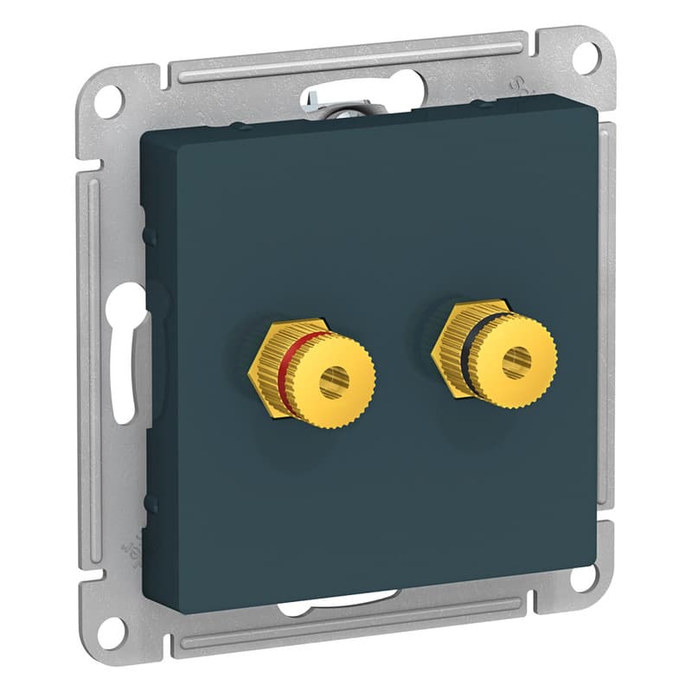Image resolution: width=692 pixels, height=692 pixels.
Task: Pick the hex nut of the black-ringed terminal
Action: [x=444, y=347]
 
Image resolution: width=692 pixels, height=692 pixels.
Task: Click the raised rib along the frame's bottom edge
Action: [x=346, y=626]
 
